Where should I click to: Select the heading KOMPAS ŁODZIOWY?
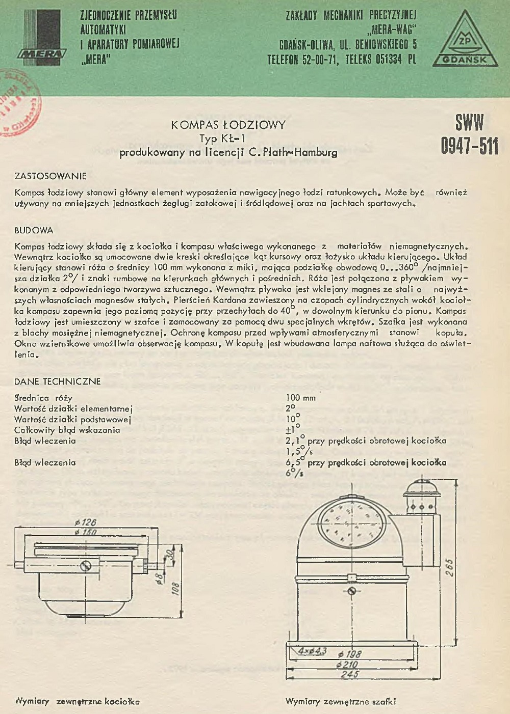[x=228, y=125]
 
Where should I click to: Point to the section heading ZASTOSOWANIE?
[x=50, y=176]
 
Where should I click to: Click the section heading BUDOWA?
[x=34, y=230]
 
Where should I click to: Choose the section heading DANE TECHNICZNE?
[x=57, y=381]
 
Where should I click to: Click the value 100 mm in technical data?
[x=300, y=398]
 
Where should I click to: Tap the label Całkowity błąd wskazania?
[x=67, y=430]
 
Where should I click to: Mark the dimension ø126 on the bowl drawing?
[x=85, y=523]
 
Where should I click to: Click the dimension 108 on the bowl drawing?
[x=175, y=589]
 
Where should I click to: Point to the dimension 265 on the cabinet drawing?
[x=449, y=567]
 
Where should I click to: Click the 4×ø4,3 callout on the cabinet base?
[x=312, y=651]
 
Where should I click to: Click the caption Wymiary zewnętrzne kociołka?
[x=78, y=701]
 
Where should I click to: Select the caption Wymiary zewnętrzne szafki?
[x=340, y=701]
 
